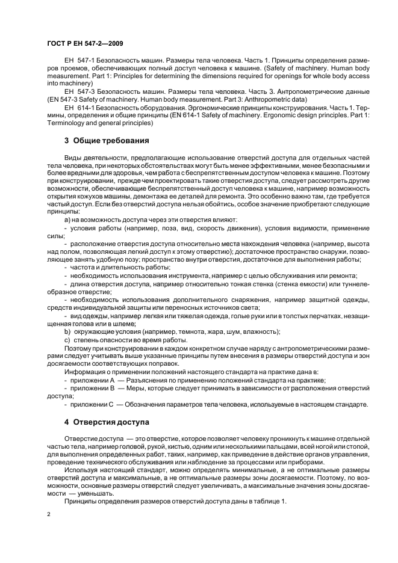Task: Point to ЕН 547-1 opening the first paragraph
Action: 76,61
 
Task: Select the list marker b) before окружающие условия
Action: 67,331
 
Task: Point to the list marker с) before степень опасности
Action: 67,340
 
